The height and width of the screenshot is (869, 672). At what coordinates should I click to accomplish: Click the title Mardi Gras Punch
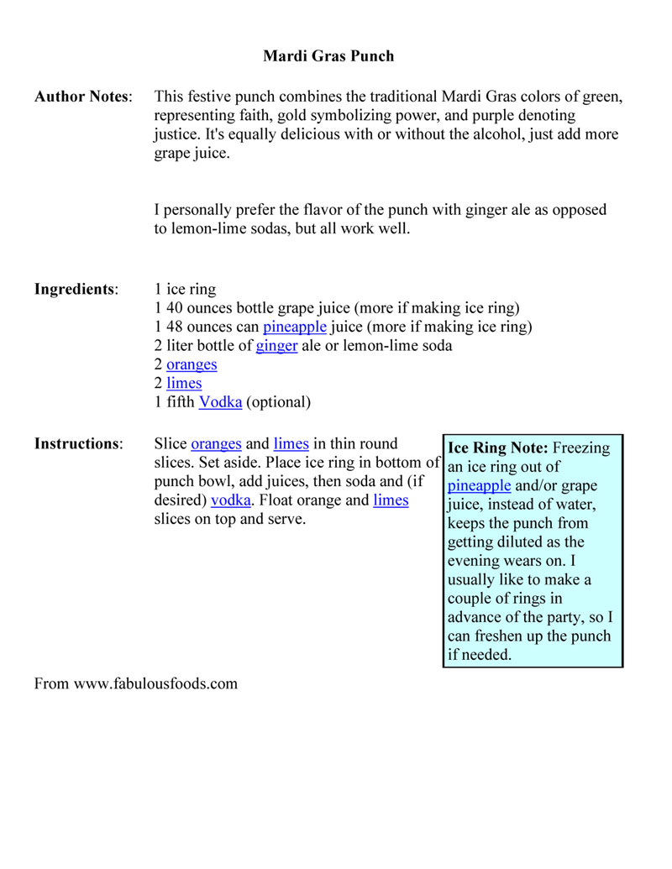[328, 56]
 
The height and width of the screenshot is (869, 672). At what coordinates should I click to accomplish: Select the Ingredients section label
[76, 290]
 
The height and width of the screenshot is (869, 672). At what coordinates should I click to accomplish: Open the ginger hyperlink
[277, 346]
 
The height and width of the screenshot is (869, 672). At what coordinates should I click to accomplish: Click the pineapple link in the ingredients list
[294, 327]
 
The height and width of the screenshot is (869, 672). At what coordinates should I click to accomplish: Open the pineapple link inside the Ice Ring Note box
[479, 485]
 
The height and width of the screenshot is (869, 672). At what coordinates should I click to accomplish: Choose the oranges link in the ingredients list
[192, 364]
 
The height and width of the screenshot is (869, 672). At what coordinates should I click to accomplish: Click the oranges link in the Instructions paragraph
[216, 443]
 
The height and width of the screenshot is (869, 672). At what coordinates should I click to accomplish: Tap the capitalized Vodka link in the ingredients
[220, 402]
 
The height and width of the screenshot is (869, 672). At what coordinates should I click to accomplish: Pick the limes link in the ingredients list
[184, 384]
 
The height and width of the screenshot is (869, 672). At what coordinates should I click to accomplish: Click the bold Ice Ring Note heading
[499, 448]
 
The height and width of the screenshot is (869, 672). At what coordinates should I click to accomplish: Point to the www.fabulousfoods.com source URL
[155, 683]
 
